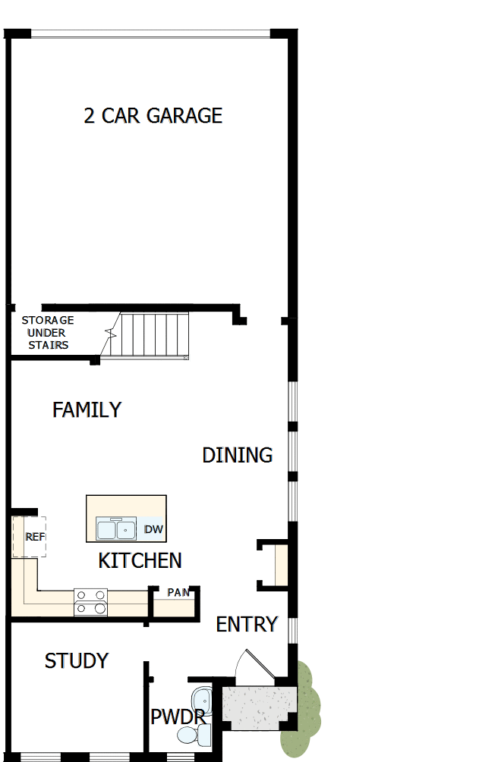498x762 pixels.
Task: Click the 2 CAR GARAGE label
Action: [153, 115]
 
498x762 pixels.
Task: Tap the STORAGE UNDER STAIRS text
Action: [48, 333]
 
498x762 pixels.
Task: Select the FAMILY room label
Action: [87, 409]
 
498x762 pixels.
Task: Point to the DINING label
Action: [237, 455]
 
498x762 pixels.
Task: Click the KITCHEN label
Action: [140, 560]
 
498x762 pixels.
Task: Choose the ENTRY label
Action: [247, 624]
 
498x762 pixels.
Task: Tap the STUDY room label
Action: [76, 661]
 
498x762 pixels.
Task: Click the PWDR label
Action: [177, 717]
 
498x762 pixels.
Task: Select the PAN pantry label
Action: [178, 592]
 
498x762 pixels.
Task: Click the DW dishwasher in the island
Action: [153, 529]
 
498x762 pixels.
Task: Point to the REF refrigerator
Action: [31, 537]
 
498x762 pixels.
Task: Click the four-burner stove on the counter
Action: [90, 602]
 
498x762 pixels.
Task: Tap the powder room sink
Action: [201, 698]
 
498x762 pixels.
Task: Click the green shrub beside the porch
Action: [304, 709]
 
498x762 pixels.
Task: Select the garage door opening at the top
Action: [150, 33]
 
